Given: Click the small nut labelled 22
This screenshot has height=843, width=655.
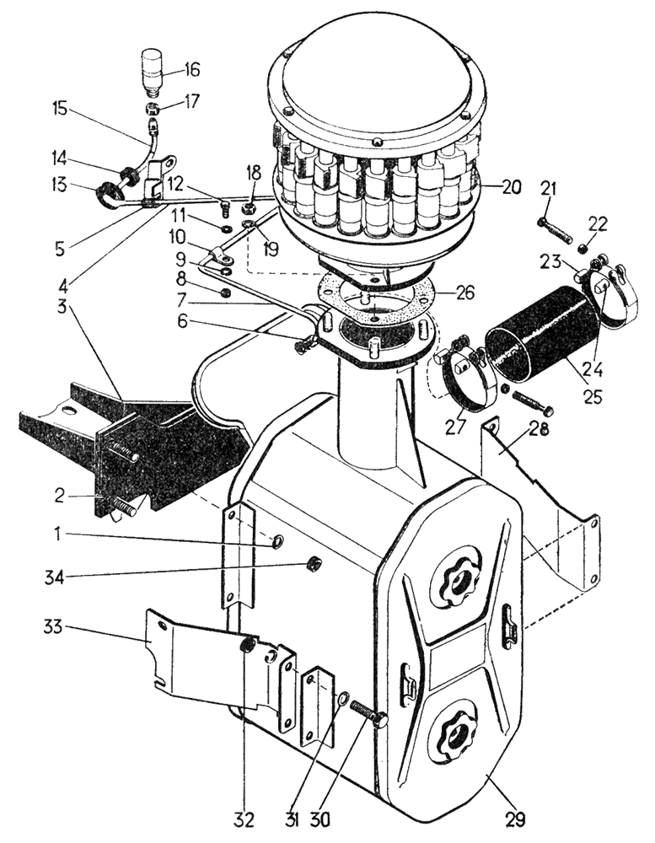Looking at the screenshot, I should click(583, 248).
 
